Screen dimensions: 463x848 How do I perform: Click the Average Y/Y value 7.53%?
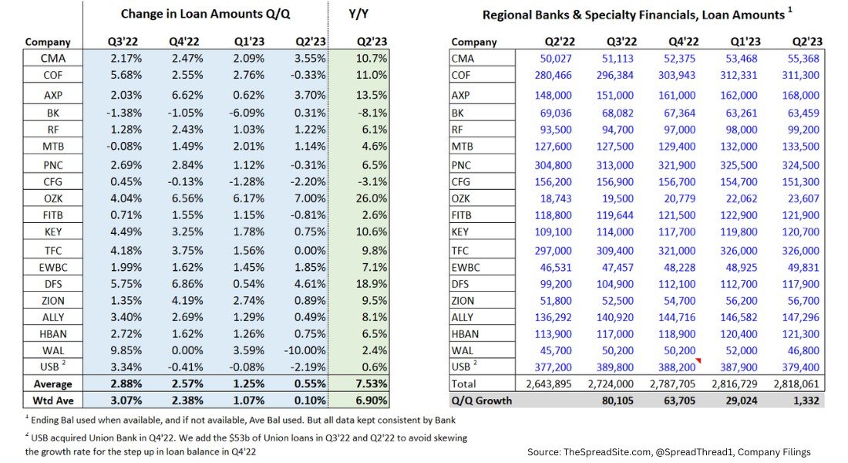tap(370, 384)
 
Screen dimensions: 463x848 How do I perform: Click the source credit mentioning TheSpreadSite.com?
tap(668, 451)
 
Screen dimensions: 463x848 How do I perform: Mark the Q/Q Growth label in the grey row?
tap(481, 400)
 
